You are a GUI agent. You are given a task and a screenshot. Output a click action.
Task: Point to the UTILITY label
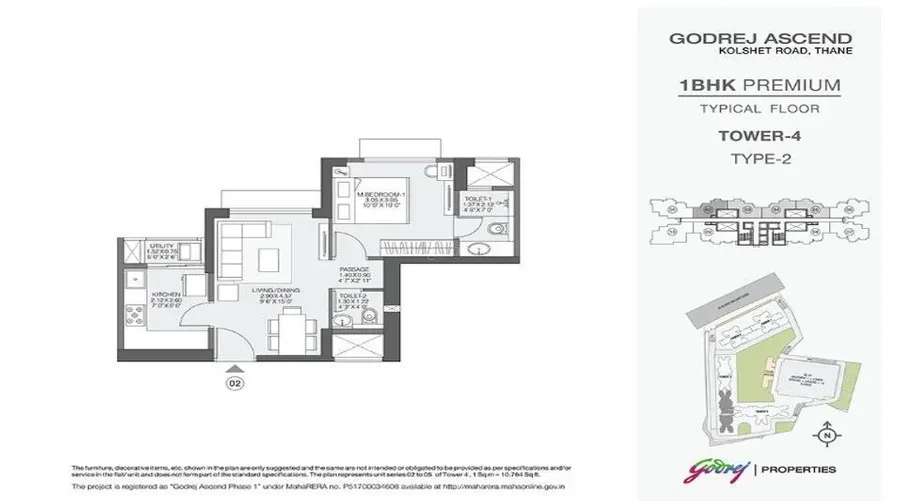click(136, 245)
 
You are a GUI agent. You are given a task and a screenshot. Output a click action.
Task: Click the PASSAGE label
click(354, 269)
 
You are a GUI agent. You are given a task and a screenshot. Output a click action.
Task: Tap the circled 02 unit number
click(234, 382)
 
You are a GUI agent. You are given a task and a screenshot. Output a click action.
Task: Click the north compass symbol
click(826, 435)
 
